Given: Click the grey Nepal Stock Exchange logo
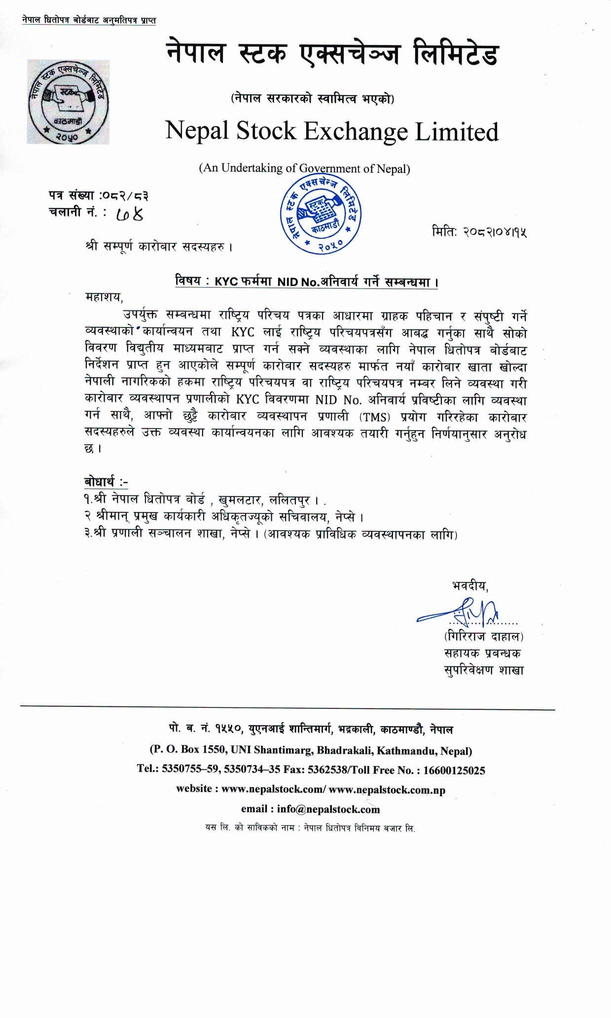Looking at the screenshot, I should (68, 102).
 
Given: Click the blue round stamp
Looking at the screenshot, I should (321, 216).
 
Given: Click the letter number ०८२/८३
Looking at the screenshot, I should (124, 196).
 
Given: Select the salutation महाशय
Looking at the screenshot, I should (104, 297).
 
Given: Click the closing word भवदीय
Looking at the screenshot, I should (469, 586).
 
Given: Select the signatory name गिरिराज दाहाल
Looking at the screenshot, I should (484, 637).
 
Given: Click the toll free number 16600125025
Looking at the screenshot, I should (454, 770).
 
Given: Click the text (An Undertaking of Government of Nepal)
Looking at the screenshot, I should (304, 169).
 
